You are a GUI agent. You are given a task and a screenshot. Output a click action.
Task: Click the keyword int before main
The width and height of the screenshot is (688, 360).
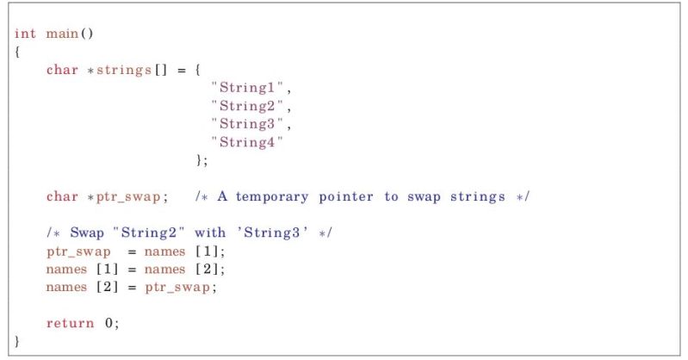(25, 34)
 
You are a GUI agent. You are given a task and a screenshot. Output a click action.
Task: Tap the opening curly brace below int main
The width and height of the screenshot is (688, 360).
(17, 52)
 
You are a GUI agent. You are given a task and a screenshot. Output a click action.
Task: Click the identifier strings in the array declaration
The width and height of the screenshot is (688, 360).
(120, 70)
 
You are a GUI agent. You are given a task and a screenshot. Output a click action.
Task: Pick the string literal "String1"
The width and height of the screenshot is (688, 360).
(251, 88)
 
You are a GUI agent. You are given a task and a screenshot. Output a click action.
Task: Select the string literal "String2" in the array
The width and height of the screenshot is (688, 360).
(251, 106)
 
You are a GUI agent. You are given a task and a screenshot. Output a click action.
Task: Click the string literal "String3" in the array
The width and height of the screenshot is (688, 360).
(251, 124)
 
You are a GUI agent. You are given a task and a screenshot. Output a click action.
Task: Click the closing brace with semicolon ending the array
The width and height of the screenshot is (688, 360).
(202, 160)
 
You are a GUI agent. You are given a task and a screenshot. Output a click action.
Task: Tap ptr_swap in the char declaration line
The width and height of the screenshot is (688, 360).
(127, 196)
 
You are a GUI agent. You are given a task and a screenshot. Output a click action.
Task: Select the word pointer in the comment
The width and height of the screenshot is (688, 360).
(345, 196)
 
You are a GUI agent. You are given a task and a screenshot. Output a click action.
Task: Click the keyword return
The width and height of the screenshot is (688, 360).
(70, 323)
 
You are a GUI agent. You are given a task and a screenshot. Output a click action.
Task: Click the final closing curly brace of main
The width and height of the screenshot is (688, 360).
(17, 341)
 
